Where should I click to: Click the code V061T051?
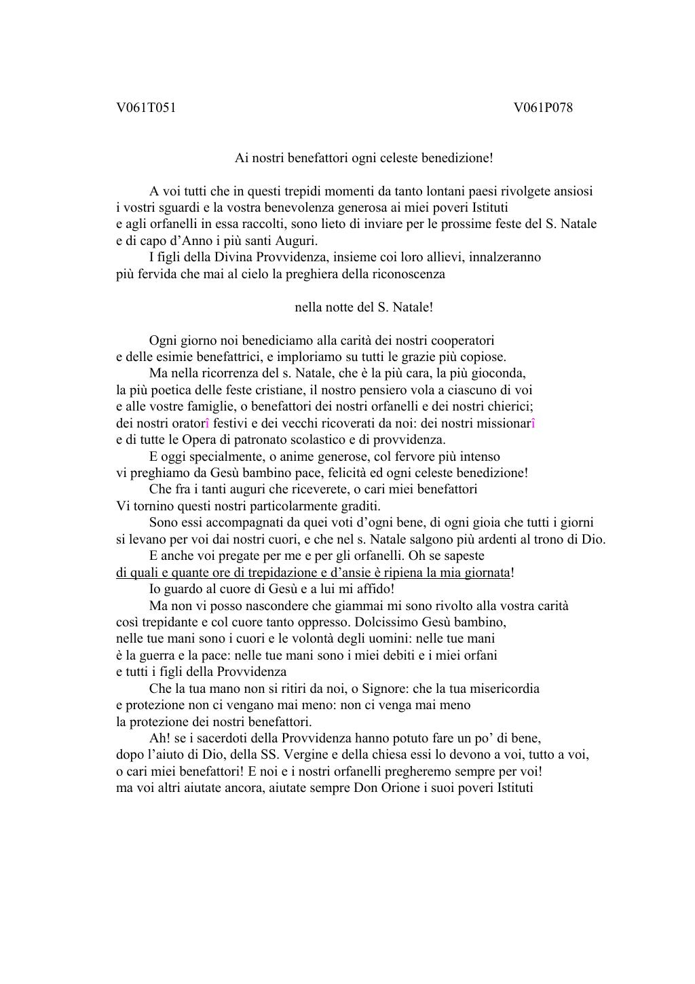pos(146,107)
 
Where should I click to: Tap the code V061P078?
pos(543,107)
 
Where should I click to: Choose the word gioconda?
pos(501,373)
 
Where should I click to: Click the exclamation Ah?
pos(159,738)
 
